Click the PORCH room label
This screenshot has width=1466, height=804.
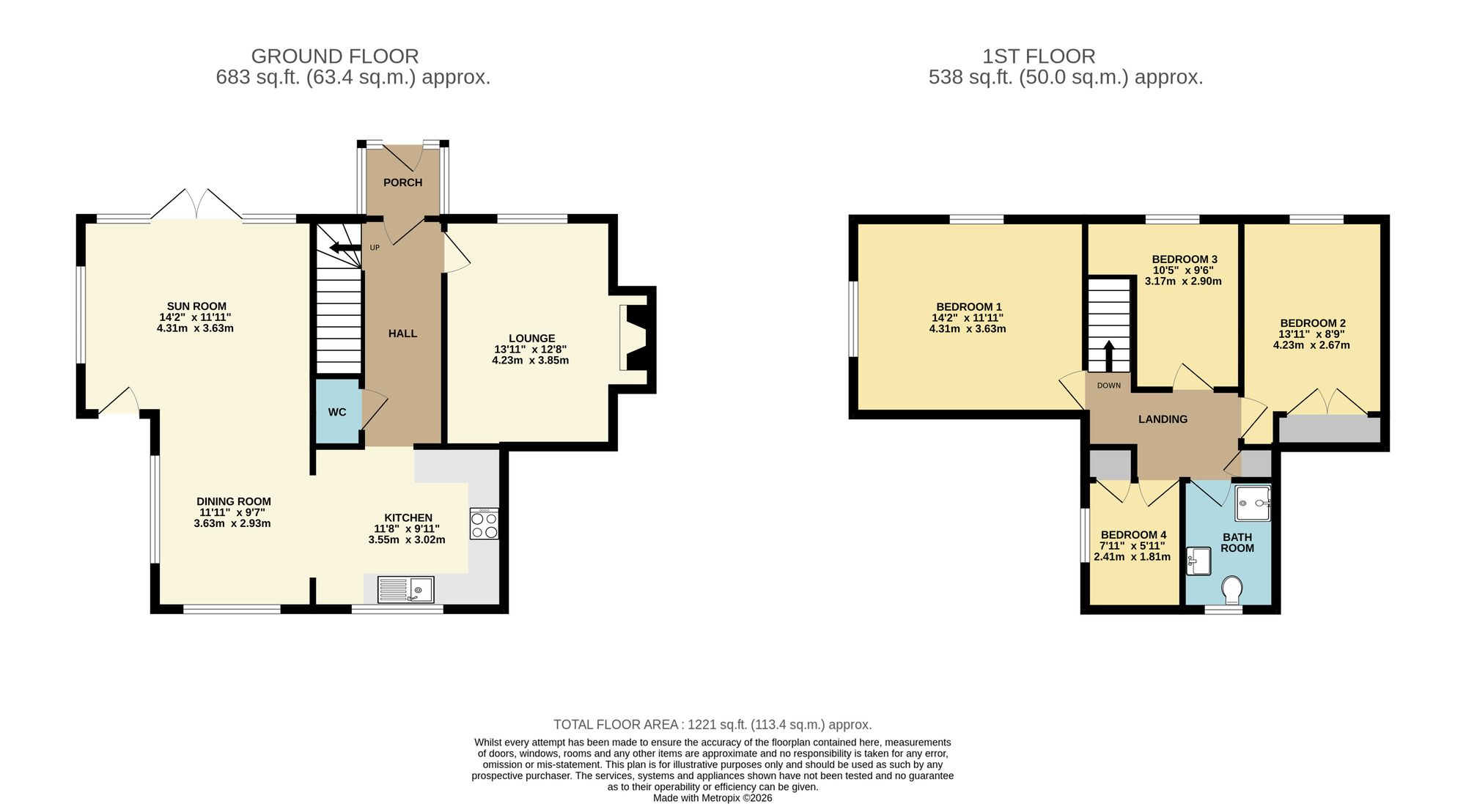[402, 182]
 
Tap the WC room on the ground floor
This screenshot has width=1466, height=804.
[337, 412]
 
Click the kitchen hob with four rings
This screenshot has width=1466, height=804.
[484, 524]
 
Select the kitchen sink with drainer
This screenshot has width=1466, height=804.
[405, 589]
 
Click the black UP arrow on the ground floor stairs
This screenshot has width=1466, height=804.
[345, 248]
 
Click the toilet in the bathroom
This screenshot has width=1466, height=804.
[1232, 588]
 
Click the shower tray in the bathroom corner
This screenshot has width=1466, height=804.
[1252, 503]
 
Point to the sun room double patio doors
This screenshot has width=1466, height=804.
[196, 204]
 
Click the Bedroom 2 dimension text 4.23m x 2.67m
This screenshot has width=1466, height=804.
[1311, 345]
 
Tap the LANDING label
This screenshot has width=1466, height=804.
[1163, 419]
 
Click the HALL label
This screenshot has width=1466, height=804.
[402, 333]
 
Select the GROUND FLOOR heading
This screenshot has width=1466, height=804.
[335, 56]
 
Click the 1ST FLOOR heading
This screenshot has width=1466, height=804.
[1039, 56]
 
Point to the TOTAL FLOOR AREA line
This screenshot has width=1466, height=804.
[712, 725]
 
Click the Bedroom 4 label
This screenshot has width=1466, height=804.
[1133, 535]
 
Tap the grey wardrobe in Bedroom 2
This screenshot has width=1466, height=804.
[1329, 429]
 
